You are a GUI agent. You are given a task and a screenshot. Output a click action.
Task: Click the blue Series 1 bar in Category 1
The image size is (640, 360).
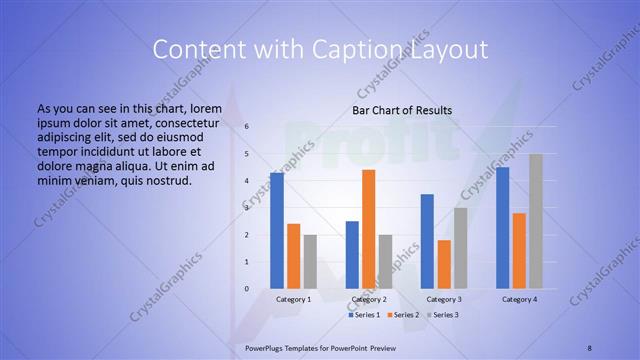(277, 231)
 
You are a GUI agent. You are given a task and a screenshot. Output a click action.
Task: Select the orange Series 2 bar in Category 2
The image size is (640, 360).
(369, 229)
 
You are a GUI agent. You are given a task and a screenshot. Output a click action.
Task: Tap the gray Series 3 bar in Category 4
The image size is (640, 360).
(536, 221)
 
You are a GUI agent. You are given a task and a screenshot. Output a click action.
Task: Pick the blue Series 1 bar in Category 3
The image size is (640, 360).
(427, 241)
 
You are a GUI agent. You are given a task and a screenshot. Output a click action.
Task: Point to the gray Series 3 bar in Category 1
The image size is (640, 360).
(310, 262)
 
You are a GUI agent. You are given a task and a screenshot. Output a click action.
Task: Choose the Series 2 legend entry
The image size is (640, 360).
(404, 315)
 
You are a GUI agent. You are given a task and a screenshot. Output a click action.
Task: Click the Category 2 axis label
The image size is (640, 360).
(369, 299)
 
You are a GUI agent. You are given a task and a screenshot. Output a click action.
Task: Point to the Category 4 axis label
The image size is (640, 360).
(519, 299)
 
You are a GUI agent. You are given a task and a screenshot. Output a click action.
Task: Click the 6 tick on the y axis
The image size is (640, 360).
(246, 127)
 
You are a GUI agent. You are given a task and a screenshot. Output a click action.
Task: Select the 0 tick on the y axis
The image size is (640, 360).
(246, 289)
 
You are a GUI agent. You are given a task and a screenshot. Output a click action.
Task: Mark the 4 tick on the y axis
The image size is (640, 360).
(246, 181)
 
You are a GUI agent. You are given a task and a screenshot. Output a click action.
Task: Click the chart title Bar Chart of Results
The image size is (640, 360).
(402, 110)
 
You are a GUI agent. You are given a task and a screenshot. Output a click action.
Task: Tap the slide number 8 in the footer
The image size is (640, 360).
(589, 346)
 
